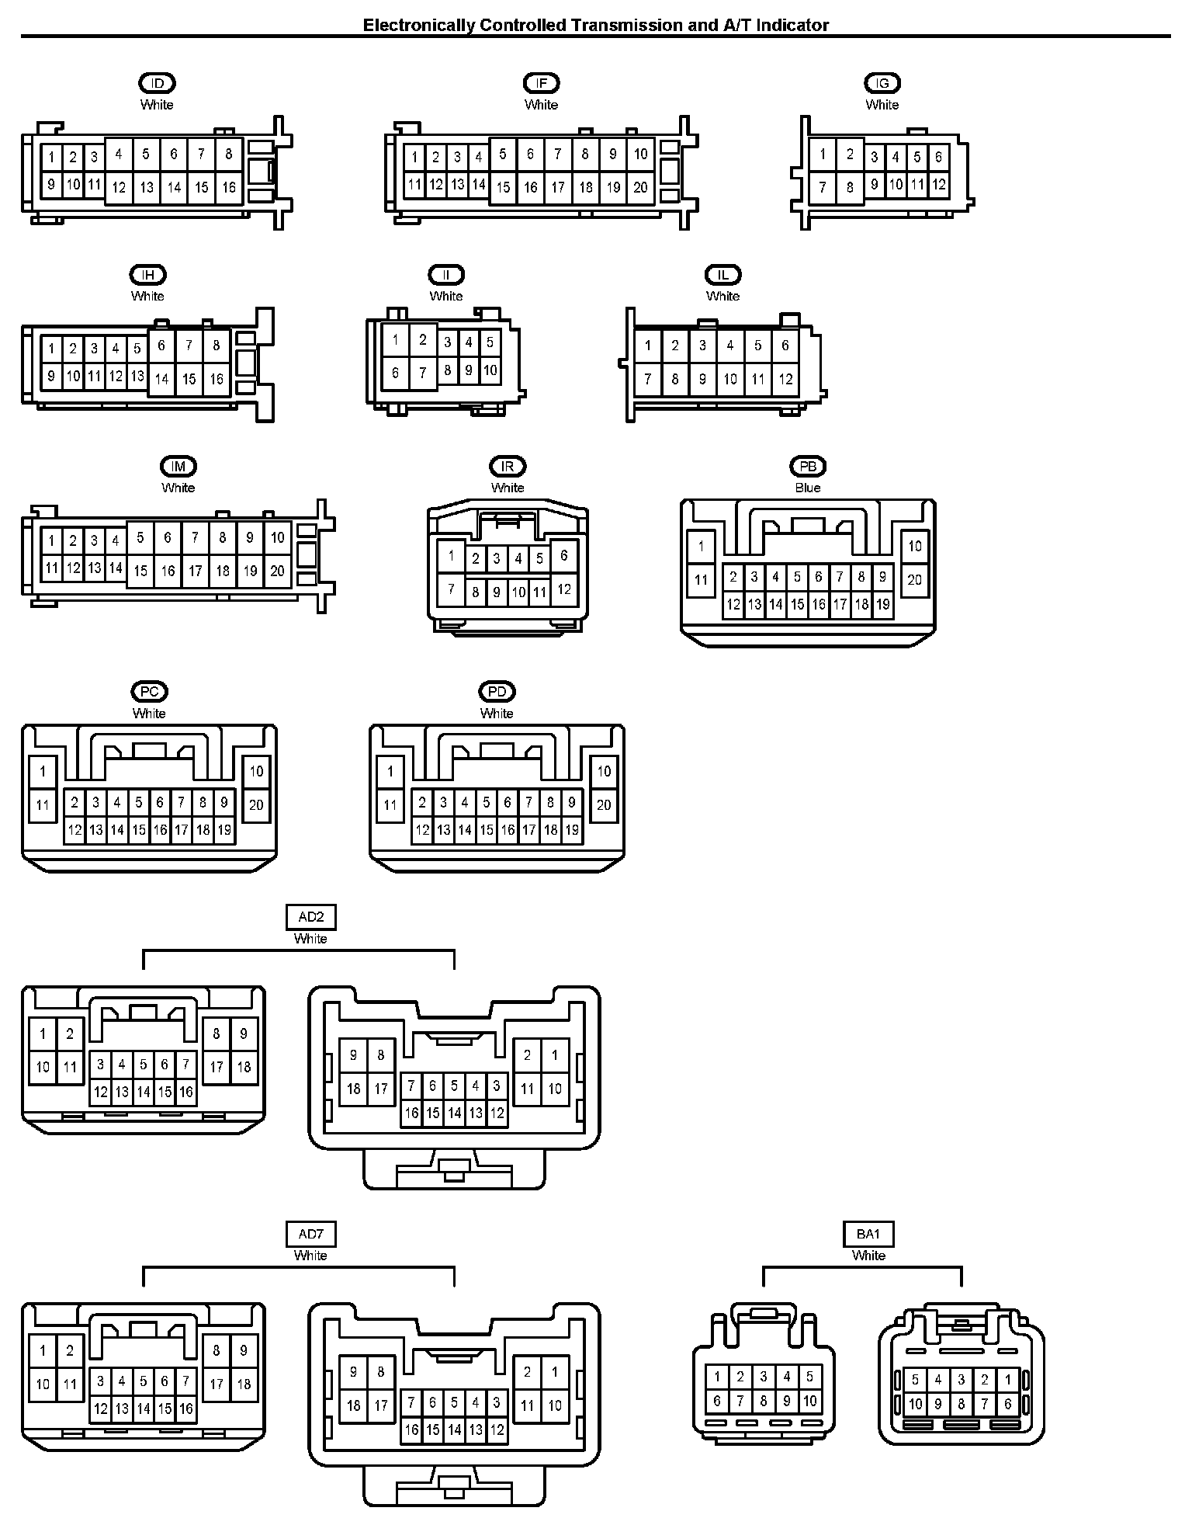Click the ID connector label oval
[x=157, y=83]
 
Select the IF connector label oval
[x=542, y=83]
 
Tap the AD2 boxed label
[x=310, y=917]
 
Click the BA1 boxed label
[x=868, y=1234]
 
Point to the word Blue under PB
[x=808, y=488]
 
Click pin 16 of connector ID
[x=229, y=187]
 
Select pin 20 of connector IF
[x=640, y=187]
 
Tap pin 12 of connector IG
[x=939, y=185]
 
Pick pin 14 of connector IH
[x=161, y=379]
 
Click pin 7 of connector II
[x=423, y=373]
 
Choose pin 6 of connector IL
[x=785, y=346]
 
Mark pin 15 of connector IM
[x=140, y=571]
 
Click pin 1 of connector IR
[x=451, y=556]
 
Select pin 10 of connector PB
[x=915, y=546]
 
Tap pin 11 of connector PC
[x=43, y=805]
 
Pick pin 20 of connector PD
[x=604, y=805]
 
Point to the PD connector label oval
[x=497, y=692]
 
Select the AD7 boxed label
[x=310, y=1234]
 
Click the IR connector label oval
[x=508, y=467]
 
